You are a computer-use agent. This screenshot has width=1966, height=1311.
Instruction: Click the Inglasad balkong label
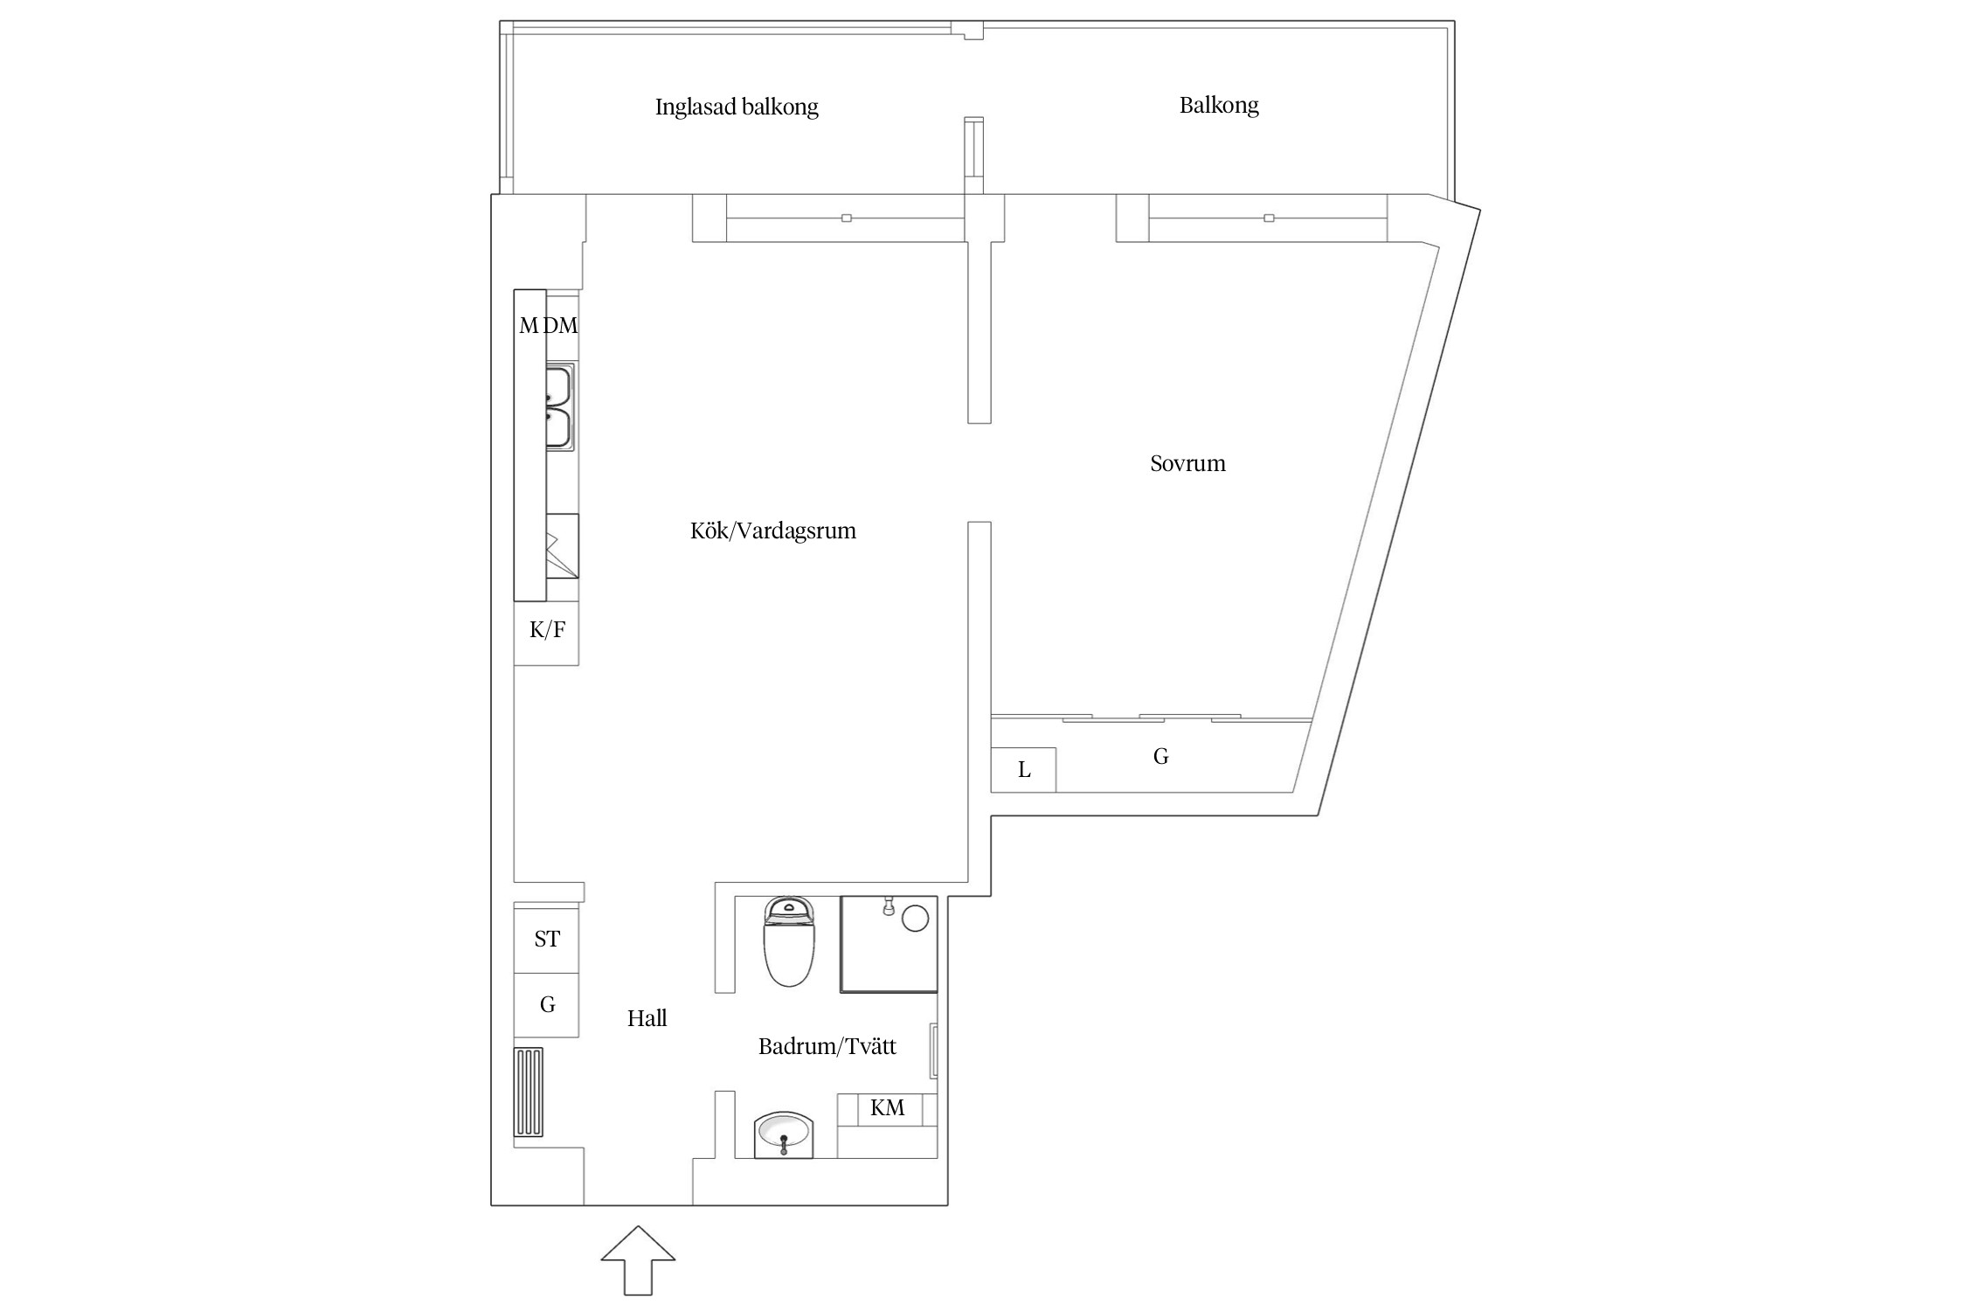(737, 108)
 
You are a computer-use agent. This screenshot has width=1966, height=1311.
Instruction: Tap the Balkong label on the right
(1218, 106)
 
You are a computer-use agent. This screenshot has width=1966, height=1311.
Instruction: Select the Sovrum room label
(1187, 463)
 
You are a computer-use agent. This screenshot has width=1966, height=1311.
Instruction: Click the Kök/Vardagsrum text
(772, 531)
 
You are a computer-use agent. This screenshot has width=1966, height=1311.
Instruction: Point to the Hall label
(647, 1018)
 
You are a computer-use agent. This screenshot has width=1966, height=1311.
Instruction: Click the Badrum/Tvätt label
(827, 1046)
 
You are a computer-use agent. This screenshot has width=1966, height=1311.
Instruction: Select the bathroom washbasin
(784, 1134)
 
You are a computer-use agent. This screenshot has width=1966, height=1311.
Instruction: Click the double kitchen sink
(558, 408)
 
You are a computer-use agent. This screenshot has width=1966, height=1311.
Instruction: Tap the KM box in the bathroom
(887, 1108)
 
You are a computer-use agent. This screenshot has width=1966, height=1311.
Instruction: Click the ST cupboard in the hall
(547, 940)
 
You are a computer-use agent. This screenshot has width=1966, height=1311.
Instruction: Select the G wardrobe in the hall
(547, 1005)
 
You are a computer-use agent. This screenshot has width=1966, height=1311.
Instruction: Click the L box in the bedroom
(1024, 770)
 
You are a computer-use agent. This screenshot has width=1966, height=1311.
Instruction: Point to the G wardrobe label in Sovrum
(1160, 757)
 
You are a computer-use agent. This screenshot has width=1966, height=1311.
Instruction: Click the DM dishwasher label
(561, 326)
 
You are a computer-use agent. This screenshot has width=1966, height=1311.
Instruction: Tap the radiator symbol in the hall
(529, 1092)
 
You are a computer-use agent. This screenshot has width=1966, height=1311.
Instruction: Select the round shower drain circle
(915, 919)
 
